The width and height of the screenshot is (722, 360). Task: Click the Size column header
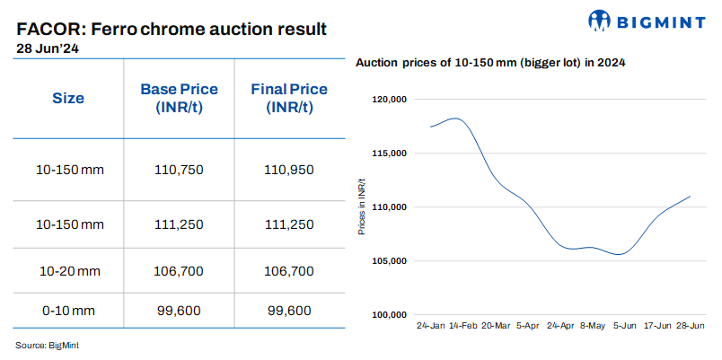pos(68,98)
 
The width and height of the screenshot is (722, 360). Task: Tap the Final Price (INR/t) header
pos(289,98)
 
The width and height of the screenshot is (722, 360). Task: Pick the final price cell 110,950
pos(289,169)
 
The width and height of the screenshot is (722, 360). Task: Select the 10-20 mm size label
pos(68,269)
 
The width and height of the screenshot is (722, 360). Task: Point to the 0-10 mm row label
pos(68,311)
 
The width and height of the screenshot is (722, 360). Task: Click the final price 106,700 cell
pos(289,269)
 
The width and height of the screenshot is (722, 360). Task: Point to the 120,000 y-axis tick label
pos(390,100)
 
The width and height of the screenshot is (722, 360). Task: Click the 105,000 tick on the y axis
pos(390,261)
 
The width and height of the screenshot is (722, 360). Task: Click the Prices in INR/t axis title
pos(361,207)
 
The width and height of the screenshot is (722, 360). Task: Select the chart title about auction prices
pos(490,63)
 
